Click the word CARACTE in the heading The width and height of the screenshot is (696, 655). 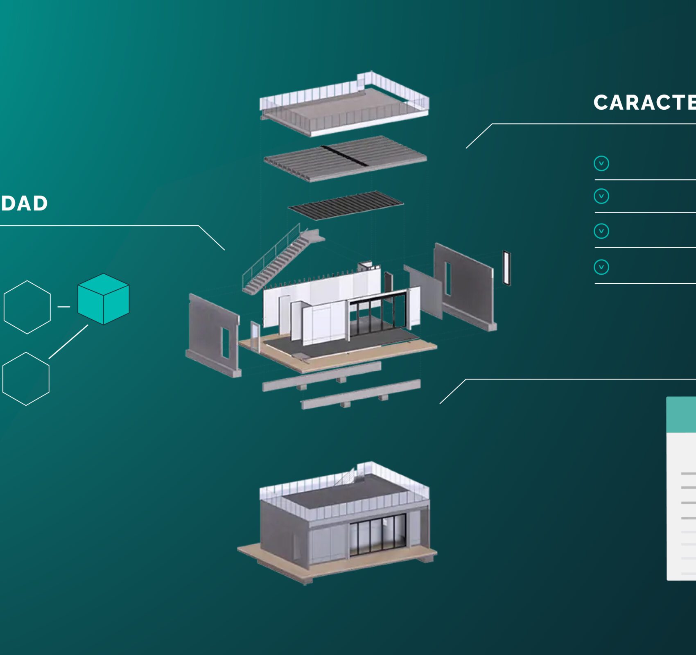(x=644, y=102)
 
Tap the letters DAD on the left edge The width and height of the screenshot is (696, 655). (x=25, y=203)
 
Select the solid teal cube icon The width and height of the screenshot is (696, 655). (x=103, y=299)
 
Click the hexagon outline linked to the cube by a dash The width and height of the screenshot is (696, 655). (x=27, y=307)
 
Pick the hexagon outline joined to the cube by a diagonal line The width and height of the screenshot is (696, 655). (x=26, y=379)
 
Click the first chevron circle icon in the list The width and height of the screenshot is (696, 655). (x=601, y=163)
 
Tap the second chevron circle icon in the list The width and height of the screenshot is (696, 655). (x=601, y=196)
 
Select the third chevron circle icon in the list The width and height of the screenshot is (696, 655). (x=601, y=231)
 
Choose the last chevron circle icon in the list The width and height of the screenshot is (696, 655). (x=601, y=267)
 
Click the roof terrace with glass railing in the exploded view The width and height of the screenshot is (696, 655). (x=344, y=104)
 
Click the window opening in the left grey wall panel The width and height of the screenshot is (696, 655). (x=225, y=343)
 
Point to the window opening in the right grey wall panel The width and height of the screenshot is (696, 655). (x=448, y=278)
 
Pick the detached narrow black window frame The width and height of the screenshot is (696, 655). (x=507, y=268)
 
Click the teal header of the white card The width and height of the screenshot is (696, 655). (x=681, y=414)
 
